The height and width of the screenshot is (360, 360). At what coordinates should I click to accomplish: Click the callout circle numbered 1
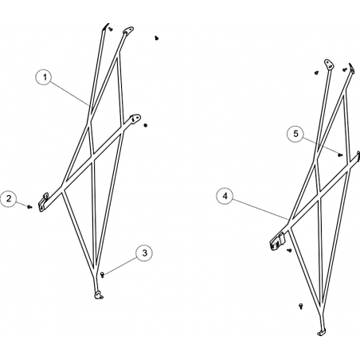point(45,77)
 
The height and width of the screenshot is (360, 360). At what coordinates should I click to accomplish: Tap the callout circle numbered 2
point(9,198)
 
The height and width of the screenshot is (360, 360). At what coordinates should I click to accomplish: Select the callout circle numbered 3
point(144,253)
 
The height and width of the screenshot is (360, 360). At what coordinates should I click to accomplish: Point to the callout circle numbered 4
point(225,196)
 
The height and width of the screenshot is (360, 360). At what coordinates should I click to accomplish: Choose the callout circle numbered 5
point(296,134)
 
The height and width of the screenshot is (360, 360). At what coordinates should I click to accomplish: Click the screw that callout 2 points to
point(29,206)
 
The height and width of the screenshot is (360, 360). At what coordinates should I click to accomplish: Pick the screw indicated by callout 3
point(102,274)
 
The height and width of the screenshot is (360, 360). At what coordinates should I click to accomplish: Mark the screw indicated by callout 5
point(340,155)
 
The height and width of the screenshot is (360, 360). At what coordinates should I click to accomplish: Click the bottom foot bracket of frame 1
point(99,295)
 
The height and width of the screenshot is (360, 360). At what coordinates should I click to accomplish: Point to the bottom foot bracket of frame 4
point(322,333)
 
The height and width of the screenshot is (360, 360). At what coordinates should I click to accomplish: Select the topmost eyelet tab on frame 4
point(329,64)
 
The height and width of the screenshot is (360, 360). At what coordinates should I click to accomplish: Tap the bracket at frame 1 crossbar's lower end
point(44,202)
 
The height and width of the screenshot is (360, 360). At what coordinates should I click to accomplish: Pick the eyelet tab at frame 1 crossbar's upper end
point(135,118)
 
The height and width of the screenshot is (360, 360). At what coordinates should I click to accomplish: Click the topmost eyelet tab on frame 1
point(128,30)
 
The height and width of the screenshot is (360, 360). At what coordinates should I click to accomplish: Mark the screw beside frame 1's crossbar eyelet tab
point(146,125)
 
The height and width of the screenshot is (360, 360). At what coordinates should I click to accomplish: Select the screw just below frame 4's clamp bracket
point(289,250)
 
